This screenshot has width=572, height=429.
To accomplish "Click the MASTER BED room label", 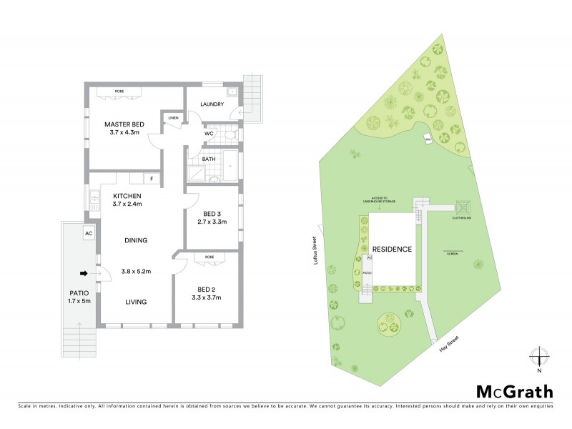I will coord(124,124).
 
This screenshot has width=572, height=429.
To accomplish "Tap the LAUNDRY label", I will coord(212,104).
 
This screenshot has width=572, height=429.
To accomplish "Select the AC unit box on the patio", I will coord(89,234).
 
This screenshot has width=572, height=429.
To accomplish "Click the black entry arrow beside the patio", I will coord(84,272).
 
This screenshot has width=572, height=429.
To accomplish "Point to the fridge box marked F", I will coord(151,179).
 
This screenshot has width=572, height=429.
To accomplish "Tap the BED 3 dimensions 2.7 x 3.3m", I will coord(212,222).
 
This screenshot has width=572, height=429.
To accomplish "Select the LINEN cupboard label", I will coord(173,118).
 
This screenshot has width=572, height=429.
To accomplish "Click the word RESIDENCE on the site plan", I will coord(391,250).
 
